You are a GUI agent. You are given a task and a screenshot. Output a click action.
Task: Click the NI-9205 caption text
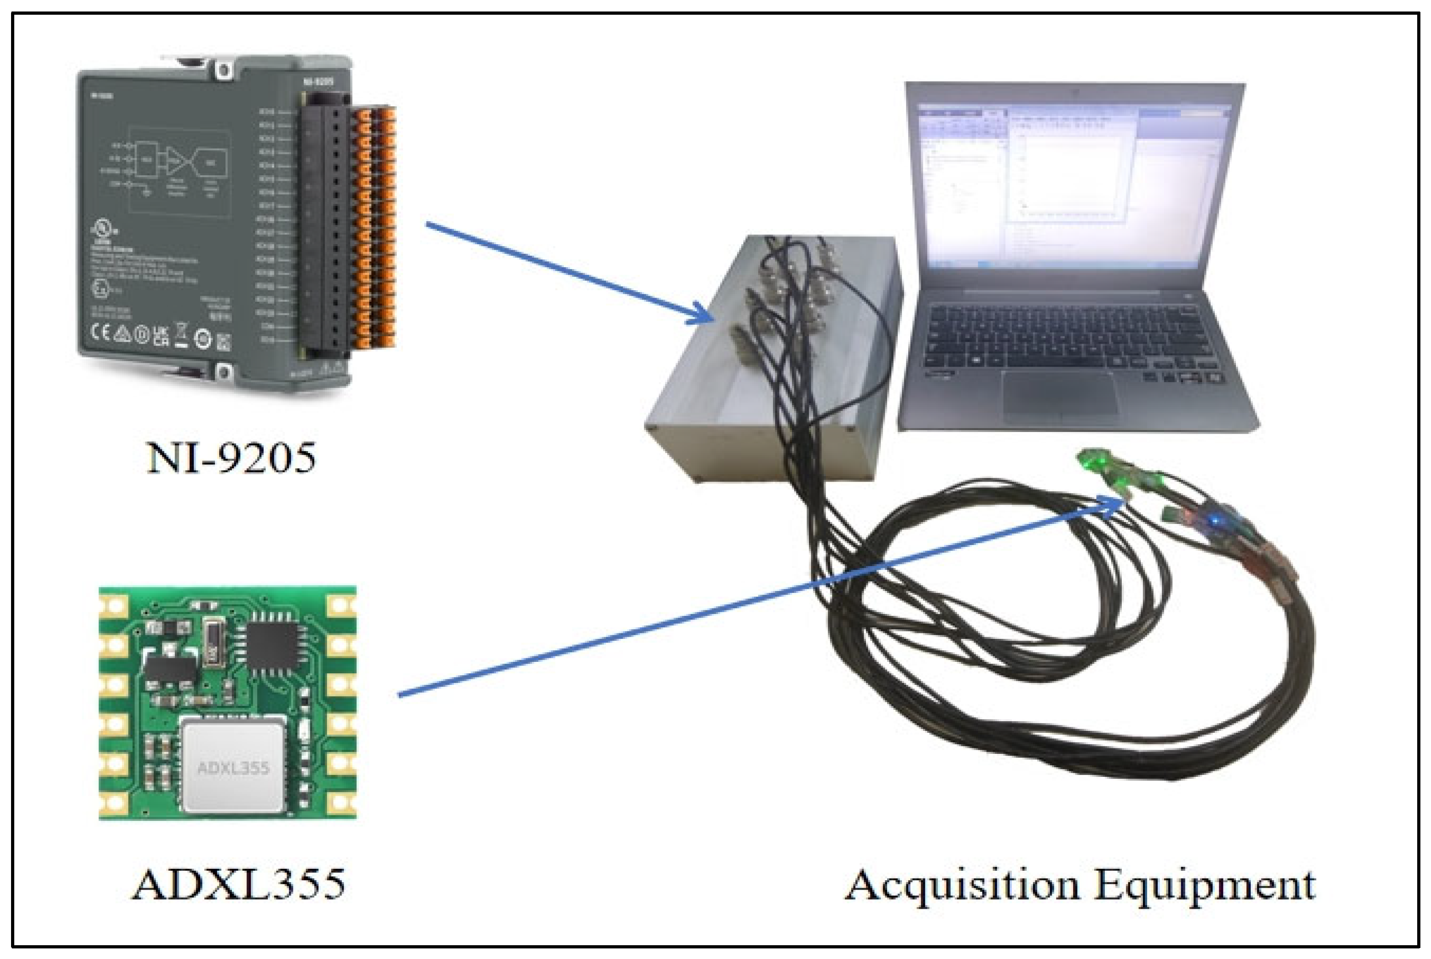(231, 458)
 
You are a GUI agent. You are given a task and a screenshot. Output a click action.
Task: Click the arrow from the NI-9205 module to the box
(569, 272)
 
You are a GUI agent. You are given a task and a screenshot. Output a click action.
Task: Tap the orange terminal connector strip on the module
(375, 226)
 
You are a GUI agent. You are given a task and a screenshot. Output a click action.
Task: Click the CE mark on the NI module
(100, 332)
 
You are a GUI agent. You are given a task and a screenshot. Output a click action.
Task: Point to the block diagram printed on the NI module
(178, 168)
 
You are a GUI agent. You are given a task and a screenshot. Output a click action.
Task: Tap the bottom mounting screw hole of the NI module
(224, 371)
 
